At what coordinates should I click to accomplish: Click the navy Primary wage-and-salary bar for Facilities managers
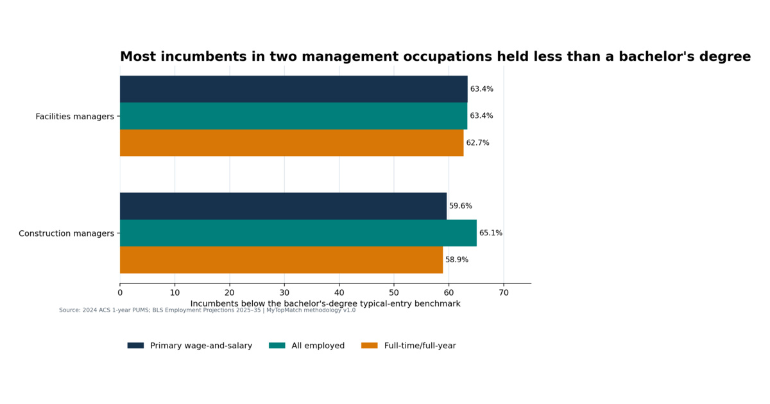click(x=294, y=89)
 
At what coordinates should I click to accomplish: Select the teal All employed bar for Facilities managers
click(x=294, y=116)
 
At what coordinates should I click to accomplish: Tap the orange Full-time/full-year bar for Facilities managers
click(x=291, y=143)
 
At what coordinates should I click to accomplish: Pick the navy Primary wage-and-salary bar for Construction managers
click(x=283, y=206)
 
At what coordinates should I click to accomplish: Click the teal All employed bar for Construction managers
click(x=298, y=233)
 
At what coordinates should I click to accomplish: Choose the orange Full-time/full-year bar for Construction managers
click(x=281, y=260)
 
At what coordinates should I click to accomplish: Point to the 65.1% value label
click(x=490, y=233)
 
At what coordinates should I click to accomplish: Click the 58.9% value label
click(x=457, y=260)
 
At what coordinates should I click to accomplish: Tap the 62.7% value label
click(x=477, y=142)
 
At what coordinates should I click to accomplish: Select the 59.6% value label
click(x=461, y=206)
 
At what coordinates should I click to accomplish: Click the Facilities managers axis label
click(x=74, y=117)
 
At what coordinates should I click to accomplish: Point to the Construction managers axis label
click(x=66, y=233)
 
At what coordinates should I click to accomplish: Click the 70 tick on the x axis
click(x=504, y=292)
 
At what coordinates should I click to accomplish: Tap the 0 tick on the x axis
click(x=120, y=292)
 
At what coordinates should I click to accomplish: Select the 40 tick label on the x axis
click(x=339, y=292)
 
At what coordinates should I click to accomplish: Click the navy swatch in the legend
click(x=135, y=345)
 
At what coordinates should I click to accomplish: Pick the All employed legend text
click(x=318, y=346)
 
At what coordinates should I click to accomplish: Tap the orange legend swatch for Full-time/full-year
click(x=370, y=345)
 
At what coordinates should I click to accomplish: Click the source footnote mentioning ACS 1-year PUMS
click(x=207, y=310)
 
